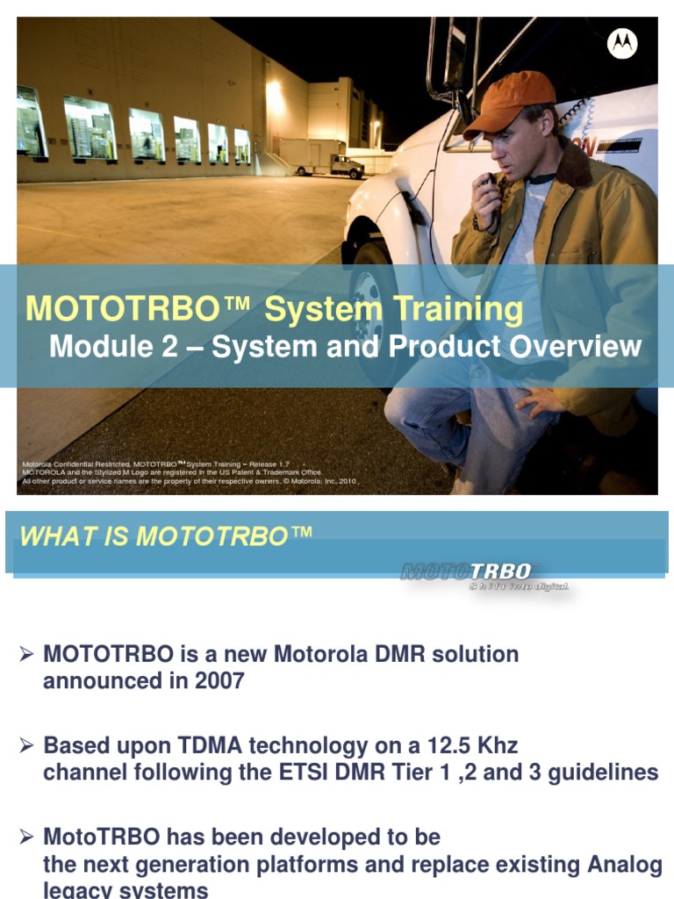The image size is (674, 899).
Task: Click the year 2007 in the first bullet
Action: (x=219, y=680)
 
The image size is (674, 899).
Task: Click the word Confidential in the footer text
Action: (x=80, y=463)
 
